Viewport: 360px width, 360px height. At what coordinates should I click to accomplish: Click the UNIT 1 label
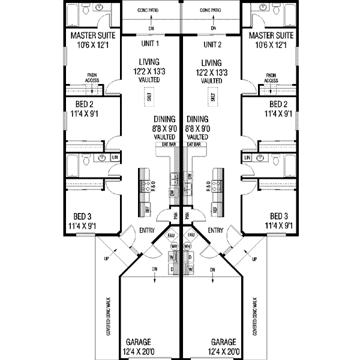tap(150, 44)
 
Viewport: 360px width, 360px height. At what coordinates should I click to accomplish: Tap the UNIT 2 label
tap(213, 44)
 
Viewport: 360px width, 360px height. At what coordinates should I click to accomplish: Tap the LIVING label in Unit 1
tap(149, 62)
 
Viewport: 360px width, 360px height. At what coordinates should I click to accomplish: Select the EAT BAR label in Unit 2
tap(193, 145)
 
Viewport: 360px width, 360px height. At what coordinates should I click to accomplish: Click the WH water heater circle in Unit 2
tap(190, 247)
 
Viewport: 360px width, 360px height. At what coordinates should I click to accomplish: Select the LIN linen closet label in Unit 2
tap(247, 157)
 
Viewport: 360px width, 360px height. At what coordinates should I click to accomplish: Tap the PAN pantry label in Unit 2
tap(187, 215)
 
